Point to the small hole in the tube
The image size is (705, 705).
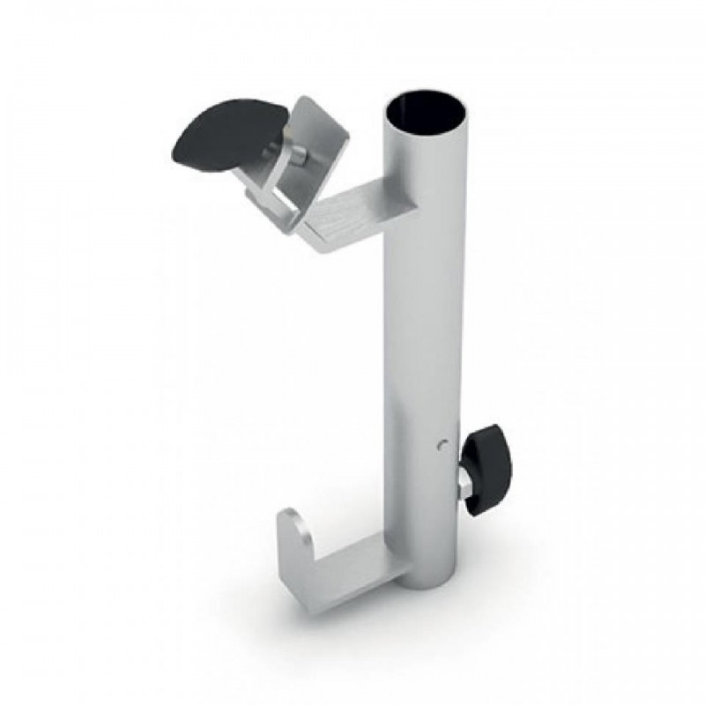[442, 447]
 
